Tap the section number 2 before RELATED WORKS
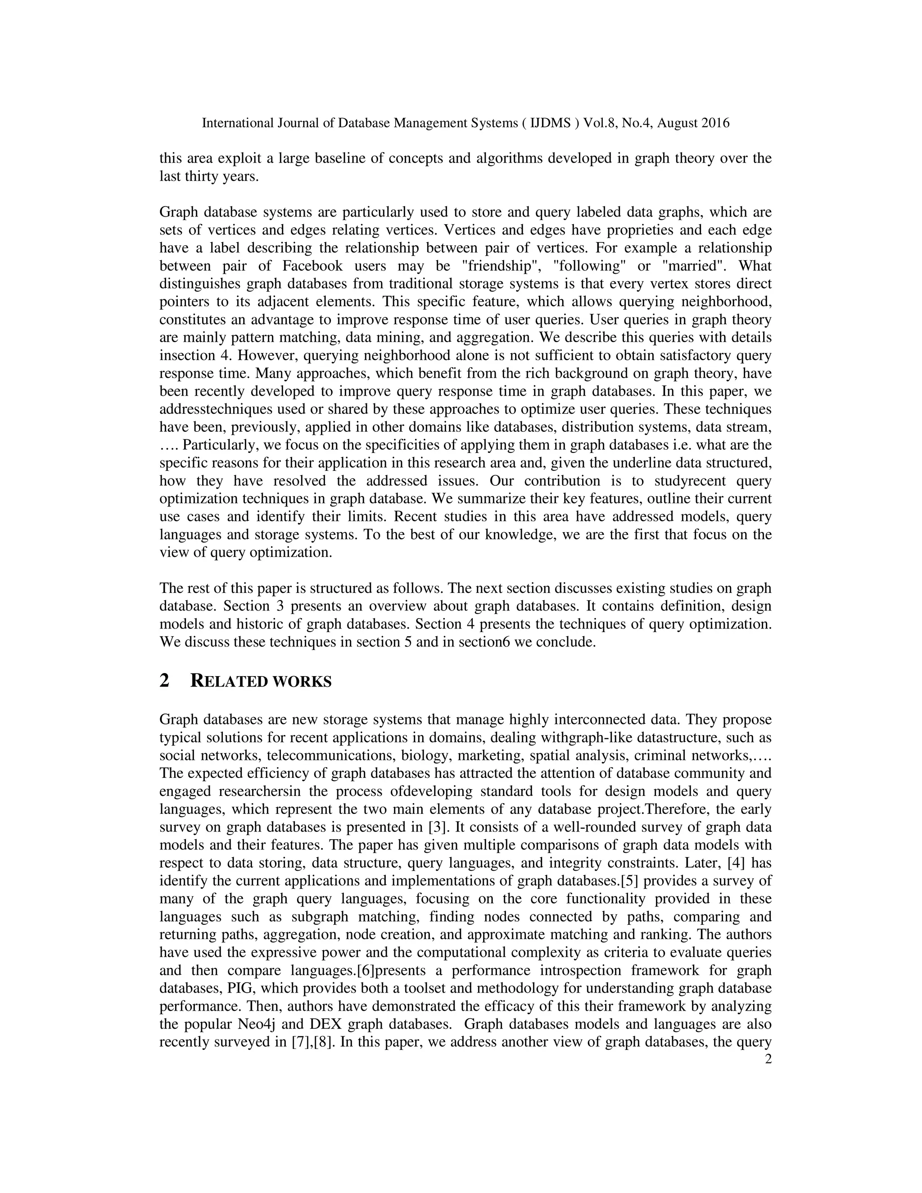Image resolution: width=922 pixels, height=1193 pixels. (164, 681)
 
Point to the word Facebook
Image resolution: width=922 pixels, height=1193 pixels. (312, 266)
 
